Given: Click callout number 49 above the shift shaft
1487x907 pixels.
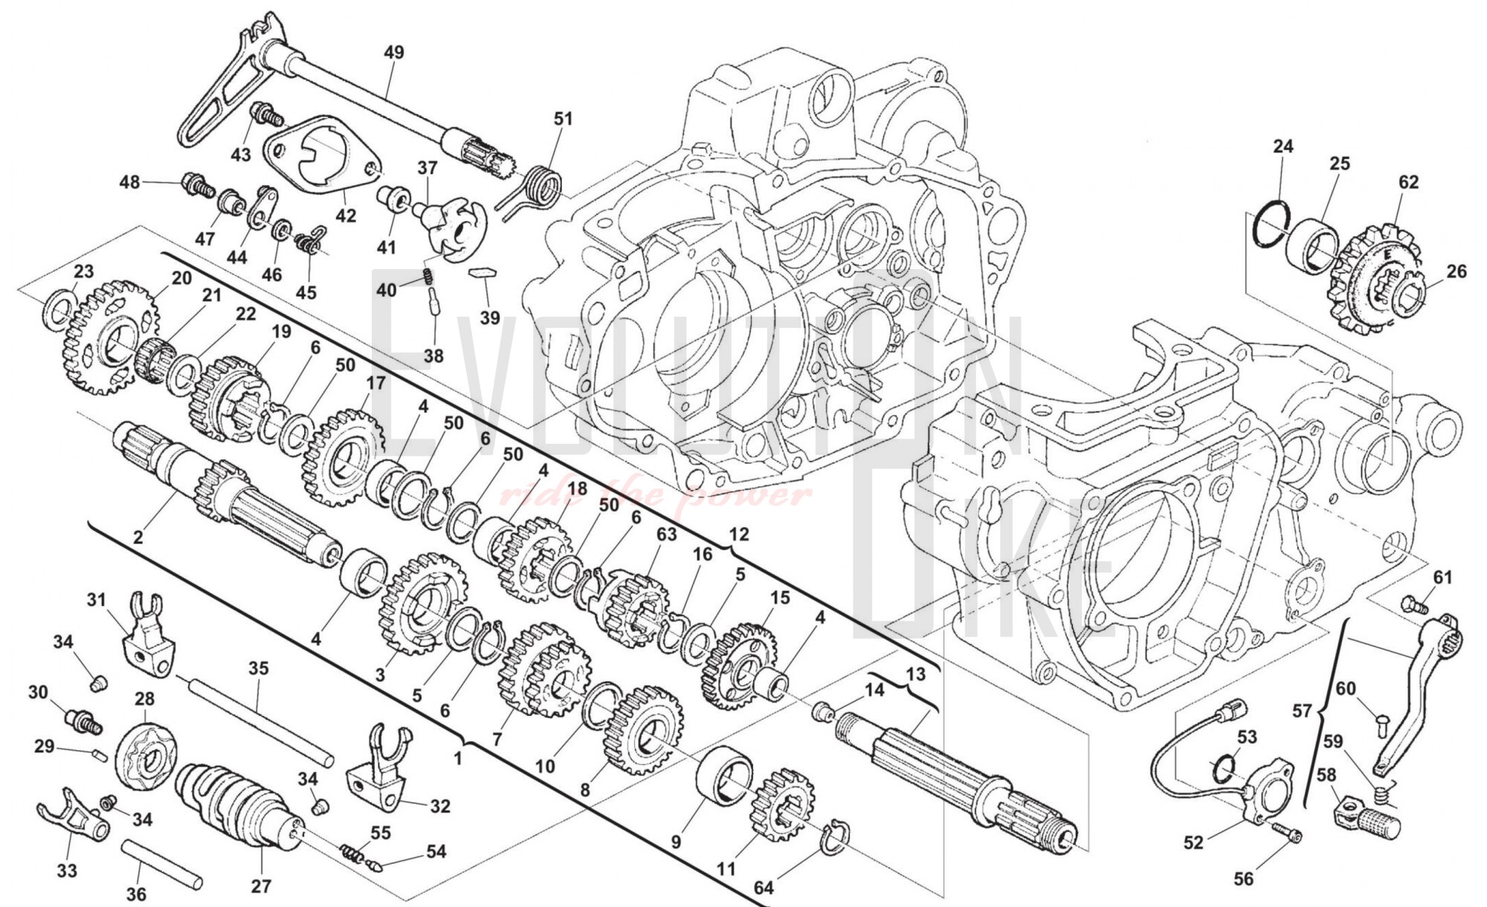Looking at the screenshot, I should click(x=394, y=53).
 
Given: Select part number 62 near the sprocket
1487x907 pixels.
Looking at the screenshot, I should click(x=1408, y=183).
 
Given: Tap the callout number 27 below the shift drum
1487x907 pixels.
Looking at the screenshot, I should click(x=261, y=886).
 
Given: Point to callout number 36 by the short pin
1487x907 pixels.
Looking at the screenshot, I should click(x=137, y=894).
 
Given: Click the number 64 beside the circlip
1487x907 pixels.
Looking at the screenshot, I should click(x=764, y=888).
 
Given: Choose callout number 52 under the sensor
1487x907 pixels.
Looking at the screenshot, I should click(x=1193, y=842).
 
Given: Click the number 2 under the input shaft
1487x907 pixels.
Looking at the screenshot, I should click(x=138, y=536).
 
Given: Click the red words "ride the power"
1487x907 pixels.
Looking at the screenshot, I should click(x=654, y=494).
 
